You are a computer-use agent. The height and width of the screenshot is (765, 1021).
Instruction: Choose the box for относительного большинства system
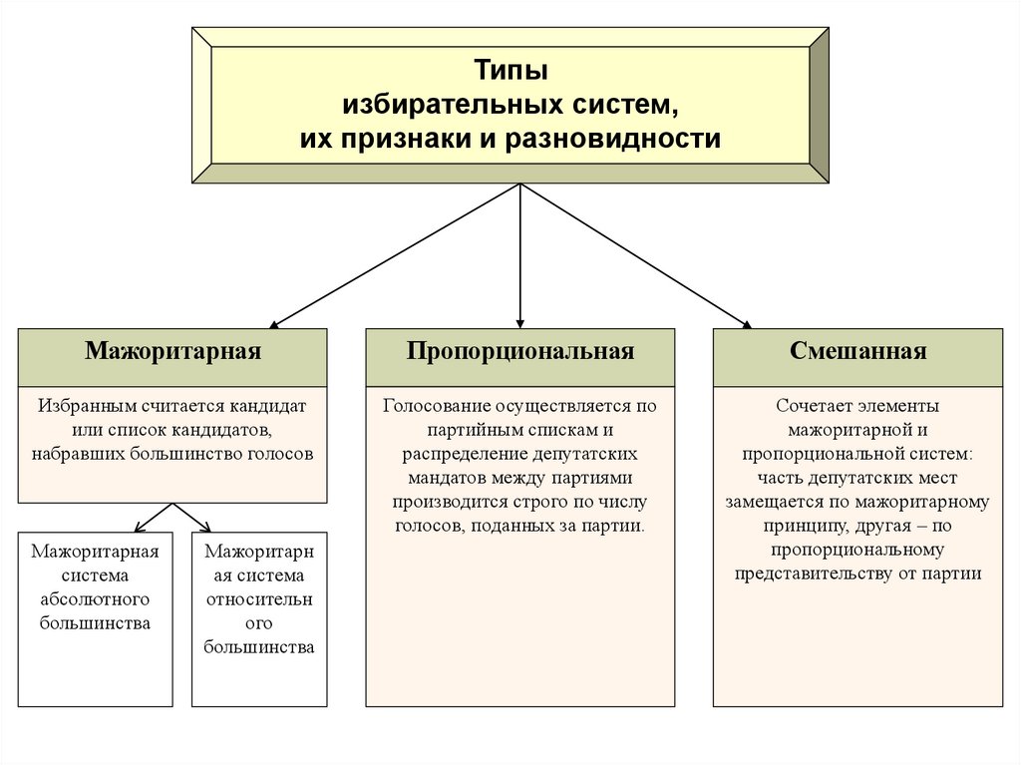coord(259,618)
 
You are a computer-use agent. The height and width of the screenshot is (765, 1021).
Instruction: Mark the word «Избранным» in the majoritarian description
coord(82,407)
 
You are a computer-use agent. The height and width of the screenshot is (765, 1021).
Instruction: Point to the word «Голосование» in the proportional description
coord(433,407)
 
